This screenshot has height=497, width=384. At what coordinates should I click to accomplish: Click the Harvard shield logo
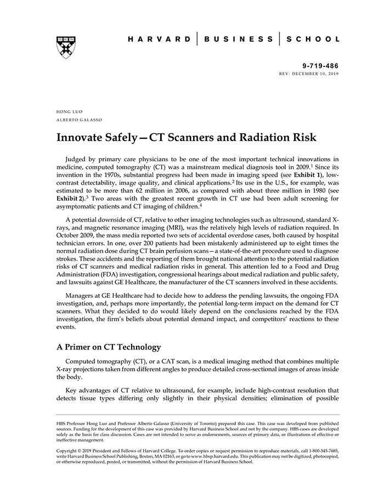click(x=66, y=47)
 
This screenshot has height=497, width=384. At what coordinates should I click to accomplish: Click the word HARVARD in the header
click(x=160, y=39)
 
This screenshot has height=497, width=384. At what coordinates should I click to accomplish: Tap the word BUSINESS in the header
click(x=239, y=39)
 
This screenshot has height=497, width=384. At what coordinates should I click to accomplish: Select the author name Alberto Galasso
click(x=79, y=120)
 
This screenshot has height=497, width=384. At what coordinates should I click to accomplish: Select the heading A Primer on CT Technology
click(x=109, y=347)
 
